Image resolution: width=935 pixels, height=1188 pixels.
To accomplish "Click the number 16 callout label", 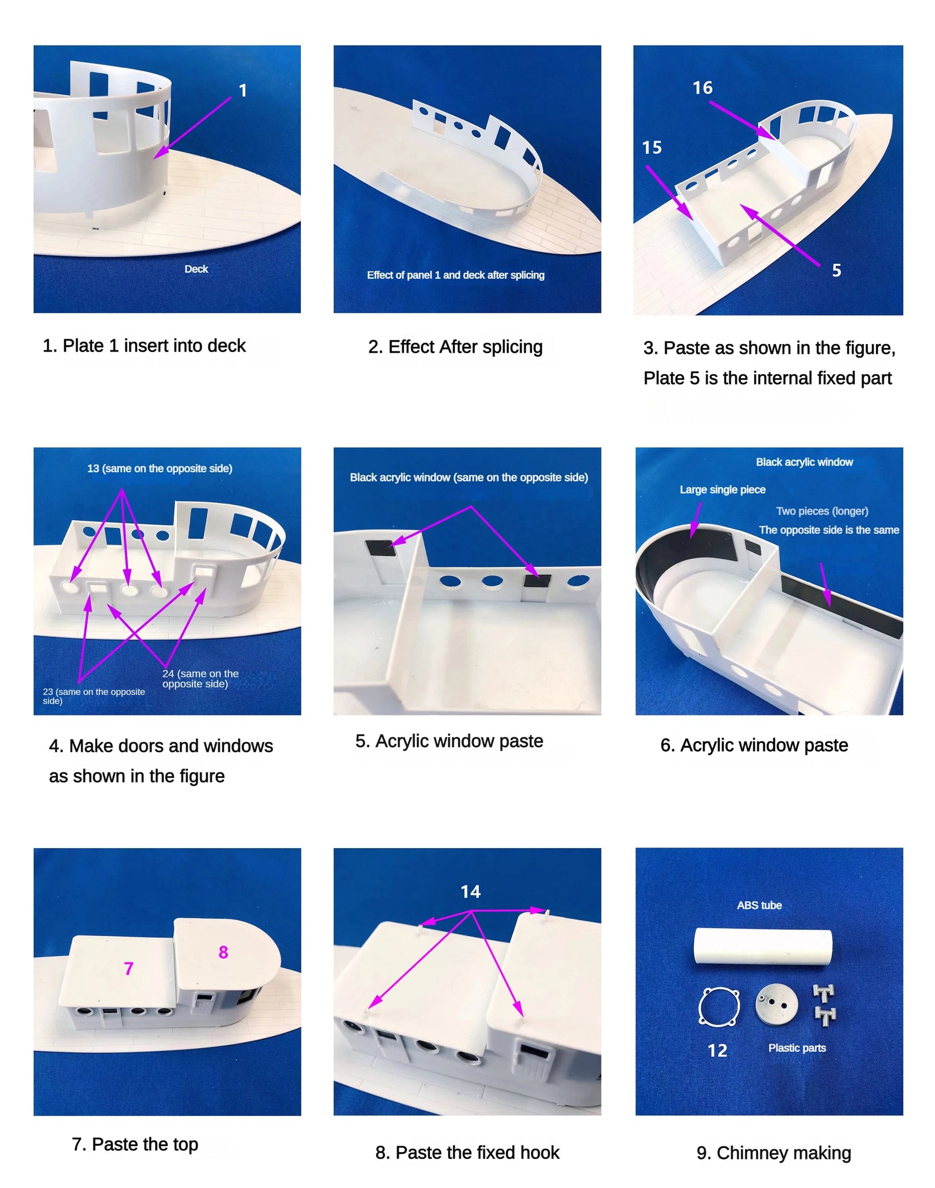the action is (x=702, y=88).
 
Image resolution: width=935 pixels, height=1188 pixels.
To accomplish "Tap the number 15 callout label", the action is (x=652, y=147).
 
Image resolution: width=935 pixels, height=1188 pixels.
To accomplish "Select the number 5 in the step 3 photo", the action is (x=836, y=270).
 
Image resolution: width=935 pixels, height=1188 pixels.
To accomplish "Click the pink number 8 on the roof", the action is (x=223, y=952).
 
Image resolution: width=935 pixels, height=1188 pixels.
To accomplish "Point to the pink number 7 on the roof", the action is (x=129, y=968).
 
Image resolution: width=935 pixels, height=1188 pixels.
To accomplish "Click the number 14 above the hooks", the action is (x=470, y=892).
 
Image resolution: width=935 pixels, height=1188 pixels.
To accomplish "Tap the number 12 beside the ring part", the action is (x=717, y=1051).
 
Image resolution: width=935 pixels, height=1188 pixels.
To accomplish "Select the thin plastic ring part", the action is (x=719, y=1007).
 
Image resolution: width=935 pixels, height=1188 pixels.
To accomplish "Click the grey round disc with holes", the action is (x=777, y=1004).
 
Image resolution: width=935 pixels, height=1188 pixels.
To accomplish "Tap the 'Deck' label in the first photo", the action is (x=196, y=269).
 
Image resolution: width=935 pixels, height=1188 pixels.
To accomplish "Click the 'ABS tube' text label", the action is (x=759, y=905).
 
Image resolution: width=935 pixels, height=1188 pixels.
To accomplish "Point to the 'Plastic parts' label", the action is (x=797, y=1048).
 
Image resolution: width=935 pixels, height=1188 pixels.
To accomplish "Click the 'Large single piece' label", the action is (x=722, y=490).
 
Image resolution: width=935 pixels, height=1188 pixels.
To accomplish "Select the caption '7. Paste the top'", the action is (x=135, y=1144).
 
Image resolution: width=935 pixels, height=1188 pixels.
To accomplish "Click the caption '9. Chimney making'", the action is (x=774, y=1153).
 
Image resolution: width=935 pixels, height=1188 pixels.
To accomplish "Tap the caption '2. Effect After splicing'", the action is (x=455, y=347).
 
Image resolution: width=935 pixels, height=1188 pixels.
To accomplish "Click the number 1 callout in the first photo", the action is (x=243, y=90).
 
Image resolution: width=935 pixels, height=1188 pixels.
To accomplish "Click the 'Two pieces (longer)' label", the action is (x=822, y=511).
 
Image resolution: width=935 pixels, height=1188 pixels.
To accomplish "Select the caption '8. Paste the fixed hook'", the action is (x=467, y=1152).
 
